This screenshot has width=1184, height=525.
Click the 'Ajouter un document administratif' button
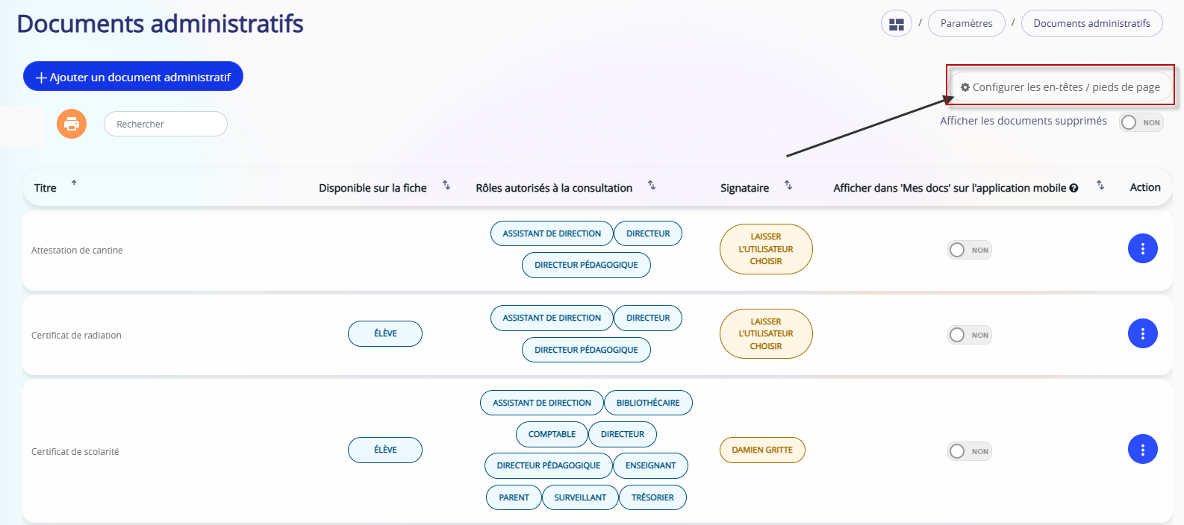133,77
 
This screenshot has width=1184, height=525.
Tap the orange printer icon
72,124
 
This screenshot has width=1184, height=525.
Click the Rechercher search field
166,124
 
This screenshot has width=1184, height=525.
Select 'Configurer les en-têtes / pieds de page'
1060,87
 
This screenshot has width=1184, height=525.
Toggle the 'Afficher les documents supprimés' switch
1141,122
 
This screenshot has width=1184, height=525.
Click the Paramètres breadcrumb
966,24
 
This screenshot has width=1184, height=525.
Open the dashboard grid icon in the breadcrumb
897,24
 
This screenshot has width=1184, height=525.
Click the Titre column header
46,188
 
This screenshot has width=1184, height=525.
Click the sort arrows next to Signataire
788,186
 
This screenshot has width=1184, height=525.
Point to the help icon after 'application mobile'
1074,188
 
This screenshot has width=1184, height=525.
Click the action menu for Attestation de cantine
1143,249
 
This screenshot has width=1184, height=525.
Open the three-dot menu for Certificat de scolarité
1143,450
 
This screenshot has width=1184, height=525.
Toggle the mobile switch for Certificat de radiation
970,335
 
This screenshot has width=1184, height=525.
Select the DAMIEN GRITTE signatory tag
762,450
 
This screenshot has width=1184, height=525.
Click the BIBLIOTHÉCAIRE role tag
648,403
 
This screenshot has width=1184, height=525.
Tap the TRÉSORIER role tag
652,497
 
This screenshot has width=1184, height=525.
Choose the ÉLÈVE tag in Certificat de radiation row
385,334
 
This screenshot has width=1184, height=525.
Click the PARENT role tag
514,497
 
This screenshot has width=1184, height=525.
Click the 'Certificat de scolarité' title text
75,452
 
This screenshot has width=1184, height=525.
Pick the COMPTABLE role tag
552,434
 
